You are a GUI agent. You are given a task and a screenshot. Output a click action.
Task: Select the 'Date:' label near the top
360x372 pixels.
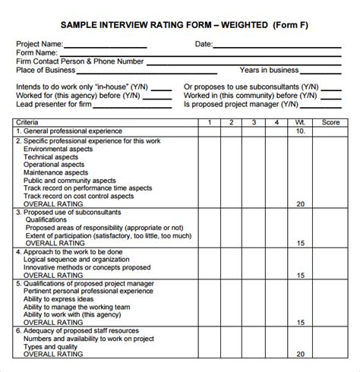204,45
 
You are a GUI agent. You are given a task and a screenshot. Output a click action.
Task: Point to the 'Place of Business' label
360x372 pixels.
49,71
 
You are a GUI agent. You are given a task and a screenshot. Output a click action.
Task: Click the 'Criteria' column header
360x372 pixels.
29,121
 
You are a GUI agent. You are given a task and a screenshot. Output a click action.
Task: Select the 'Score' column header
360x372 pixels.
330,121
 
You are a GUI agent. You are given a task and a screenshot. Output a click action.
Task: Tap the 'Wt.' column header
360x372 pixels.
301,121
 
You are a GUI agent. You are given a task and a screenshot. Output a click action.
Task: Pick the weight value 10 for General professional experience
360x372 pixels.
301,131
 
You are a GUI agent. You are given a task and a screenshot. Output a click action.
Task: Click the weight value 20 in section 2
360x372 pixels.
301,204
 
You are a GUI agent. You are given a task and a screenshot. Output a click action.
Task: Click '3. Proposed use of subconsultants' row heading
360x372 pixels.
68,213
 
